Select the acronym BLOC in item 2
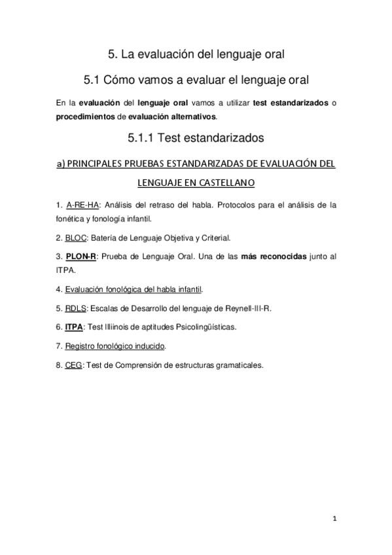[75, 238]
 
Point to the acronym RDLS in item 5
[75, 308]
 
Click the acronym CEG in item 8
[73, 365]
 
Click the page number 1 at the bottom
[334, 520]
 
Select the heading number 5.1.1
[143, 138]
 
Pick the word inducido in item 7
[150, 346]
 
